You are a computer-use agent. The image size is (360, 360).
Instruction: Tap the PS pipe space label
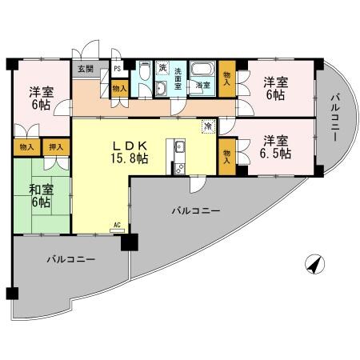(117, 69)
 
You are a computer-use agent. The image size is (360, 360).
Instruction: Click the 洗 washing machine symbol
(162, 68)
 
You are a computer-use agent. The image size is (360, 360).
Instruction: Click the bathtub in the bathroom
(203, 69)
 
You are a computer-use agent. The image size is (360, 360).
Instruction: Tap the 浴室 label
(203, 85)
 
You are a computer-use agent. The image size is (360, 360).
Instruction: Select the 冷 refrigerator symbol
(207, 126)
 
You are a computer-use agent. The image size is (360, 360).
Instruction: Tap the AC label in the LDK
(117, 225)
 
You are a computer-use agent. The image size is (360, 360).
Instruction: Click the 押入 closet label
(55, 147)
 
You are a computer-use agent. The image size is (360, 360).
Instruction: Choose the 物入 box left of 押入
(26, 147)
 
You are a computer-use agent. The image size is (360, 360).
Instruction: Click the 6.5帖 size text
(274, 154)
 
